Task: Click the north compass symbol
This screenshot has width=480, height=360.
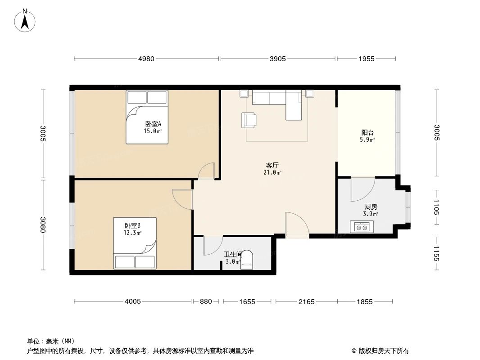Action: tap(26, 20)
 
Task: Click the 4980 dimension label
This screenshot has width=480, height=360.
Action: tap(146, 58)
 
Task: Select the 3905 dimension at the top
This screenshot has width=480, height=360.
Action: tap(277, 58)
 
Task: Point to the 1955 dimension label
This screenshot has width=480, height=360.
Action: tap(367, 58)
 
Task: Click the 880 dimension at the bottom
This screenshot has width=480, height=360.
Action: tap(206, 301)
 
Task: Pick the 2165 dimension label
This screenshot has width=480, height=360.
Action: tap(306, 301)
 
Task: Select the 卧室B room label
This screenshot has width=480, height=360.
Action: tap(133, 225)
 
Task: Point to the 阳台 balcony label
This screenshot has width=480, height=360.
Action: tap(367, 133)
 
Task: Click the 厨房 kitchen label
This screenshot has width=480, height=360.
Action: tap(371, 207)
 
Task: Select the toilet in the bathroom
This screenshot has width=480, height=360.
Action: tap(247, 261)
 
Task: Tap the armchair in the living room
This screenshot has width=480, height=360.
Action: tap(249, 119)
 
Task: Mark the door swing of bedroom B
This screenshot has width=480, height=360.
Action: tap(183, 198)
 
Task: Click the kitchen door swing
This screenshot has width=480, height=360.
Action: tap(362, 189)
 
